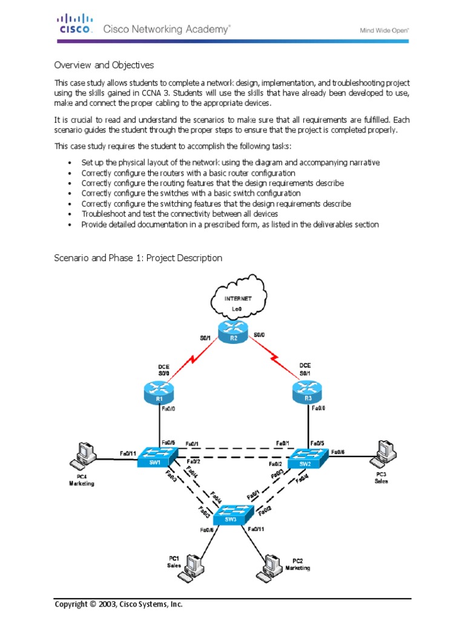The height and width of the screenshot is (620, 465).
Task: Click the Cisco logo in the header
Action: click(75, 23)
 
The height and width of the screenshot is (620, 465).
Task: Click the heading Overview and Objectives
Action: click(104, 65)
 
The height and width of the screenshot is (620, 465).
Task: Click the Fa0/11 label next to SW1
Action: click(128, 453)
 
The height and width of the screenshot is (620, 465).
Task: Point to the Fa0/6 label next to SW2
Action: click(338, 452)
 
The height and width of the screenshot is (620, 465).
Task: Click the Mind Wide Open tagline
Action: click(385, 28)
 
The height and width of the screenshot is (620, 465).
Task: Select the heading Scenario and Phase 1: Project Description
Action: click(138, 258)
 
